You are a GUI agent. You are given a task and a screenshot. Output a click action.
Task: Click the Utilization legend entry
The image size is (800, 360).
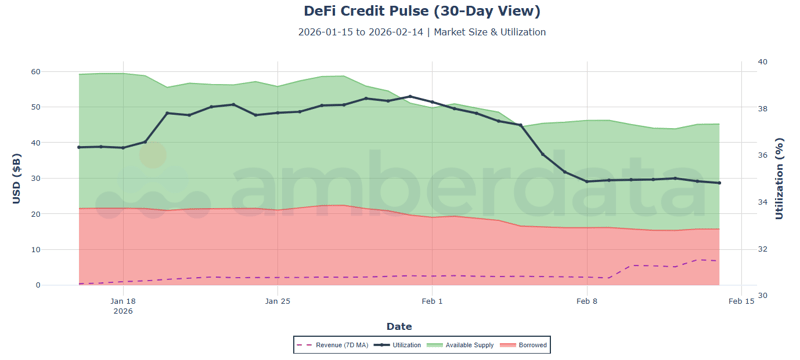coord(399,345)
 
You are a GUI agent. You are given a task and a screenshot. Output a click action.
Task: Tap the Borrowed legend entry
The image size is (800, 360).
coord(526,345)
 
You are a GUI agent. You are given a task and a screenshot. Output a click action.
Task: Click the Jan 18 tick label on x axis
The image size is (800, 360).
coord(123,300)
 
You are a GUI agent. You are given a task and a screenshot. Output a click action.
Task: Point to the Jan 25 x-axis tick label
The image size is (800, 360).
coord(278,300)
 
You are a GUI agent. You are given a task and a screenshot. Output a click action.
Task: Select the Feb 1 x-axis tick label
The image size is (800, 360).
coord(432,300)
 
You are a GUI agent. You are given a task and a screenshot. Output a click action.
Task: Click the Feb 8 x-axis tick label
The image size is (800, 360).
coord(587,300)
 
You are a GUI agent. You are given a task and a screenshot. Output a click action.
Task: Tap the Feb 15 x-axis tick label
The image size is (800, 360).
coord(741,300)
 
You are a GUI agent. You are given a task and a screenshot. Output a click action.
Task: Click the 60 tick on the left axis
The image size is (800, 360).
coord(62,72)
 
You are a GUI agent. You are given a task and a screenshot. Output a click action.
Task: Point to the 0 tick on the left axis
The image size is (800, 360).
coord(65,285)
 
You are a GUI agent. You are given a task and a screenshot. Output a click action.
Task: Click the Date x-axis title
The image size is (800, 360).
coord(399,326)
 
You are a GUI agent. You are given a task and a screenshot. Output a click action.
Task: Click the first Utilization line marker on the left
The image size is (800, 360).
coord(79,147)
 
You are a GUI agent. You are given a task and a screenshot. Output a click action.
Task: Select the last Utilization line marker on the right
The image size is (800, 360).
coord(719,183)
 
